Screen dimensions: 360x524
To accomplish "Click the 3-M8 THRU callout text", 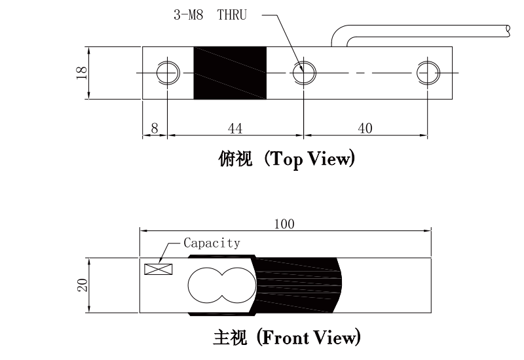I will [210, 14].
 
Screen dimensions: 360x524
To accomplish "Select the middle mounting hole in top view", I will [303, 73].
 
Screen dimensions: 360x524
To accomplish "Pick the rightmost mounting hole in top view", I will [428, 73].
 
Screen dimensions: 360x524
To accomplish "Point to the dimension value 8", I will [155, 128].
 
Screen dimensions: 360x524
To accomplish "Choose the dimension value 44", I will [234, 128].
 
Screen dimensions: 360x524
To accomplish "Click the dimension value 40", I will [365, 128].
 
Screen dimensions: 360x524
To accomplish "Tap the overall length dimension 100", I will [284, 224].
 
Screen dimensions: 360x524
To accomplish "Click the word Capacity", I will [212, 243].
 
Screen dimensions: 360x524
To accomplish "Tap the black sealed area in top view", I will [230, 73].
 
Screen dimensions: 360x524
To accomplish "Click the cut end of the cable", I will [509, 29].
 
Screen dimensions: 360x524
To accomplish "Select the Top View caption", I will [312, 160].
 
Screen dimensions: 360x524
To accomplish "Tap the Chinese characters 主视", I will [229, 338].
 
